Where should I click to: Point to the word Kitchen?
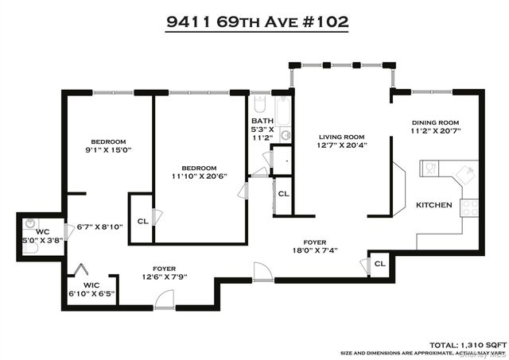point(434,205)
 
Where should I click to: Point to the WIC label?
point(91,285)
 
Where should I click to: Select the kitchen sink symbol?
point(429,168)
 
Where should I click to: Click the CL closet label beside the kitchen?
point(380,263)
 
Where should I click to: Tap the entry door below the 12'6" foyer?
point(163,300)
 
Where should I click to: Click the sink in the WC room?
point(30,223)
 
